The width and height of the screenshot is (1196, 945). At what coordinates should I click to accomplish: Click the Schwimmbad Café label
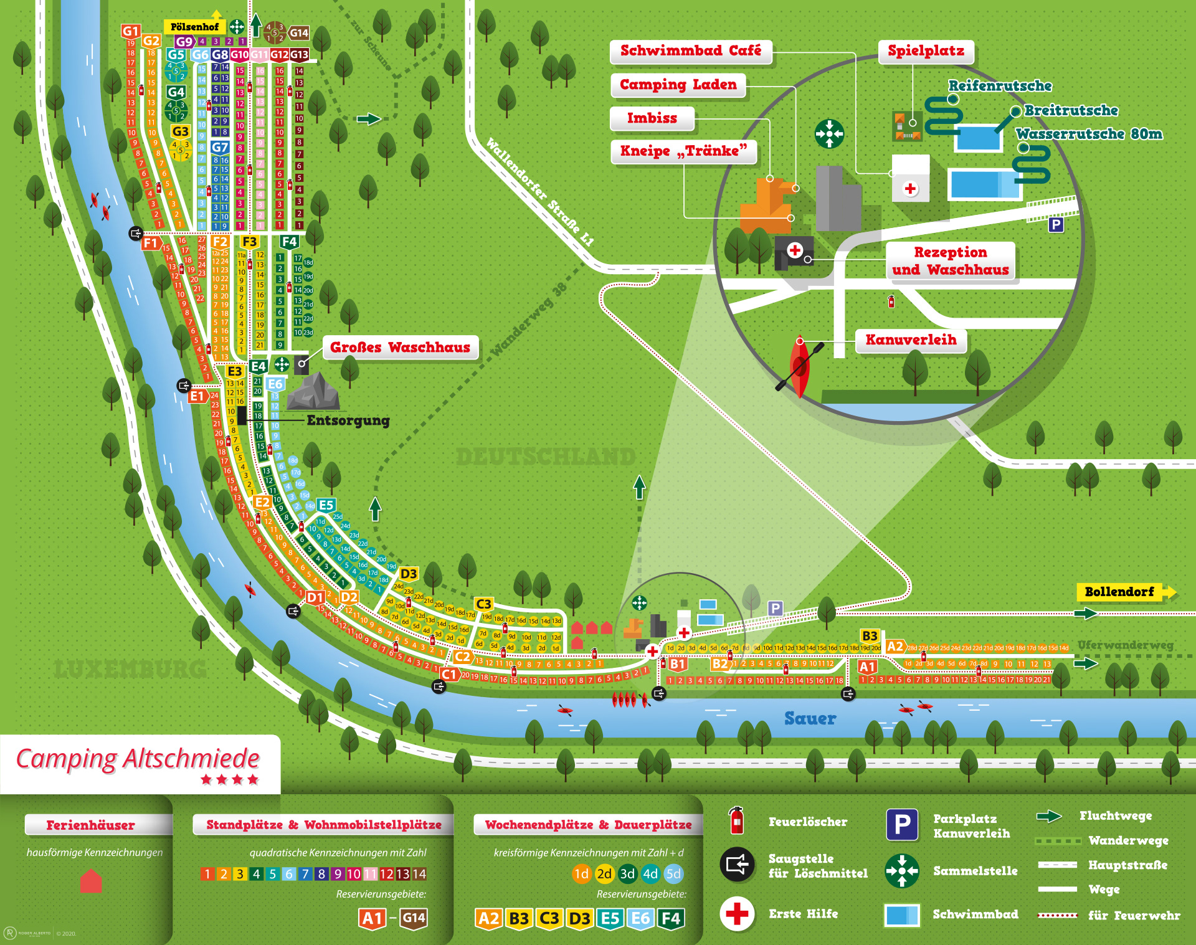click(x=690, y=51)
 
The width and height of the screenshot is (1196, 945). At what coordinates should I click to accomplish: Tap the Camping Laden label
click(x=678, y=85)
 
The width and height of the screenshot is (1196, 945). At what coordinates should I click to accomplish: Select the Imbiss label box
click(x=652, y=118)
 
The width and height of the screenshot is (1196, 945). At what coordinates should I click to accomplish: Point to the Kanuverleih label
click(x=910, y=340)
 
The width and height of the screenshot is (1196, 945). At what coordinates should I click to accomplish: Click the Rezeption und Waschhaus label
click(x=950, y=261)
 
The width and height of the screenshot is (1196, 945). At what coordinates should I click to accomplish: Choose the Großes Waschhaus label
click(x=400, y=348)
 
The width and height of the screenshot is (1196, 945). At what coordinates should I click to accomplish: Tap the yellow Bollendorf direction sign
click(x=1120, y=592)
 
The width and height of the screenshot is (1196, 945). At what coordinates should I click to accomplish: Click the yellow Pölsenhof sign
click(x=194, y=27)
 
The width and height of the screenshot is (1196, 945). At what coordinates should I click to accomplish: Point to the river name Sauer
click(x=810, y=719)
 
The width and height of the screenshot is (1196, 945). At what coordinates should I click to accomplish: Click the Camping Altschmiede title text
click(x=138, y=759)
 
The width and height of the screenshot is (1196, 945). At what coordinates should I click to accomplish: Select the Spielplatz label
click(x=926, y=51)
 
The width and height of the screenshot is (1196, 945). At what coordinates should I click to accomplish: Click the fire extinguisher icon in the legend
click(x=736, y=820)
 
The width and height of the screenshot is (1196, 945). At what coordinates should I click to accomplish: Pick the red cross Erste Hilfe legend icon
click(x=737, y=914)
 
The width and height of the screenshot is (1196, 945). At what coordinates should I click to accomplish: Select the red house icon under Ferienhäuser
click(x=91, y=881)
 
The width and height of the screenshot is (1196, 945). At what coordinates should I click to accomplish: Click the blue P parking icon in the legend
click(x=902, y=824)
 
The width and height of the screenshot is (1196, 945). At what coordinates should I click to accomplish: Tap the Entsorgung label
click(x=348, y=420)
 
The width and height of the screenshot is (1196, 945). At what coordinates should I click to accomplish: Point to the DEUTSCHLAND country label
click(x=546, y=457)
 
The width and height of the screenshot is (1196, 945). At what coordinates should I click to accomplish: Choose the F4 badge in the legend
click(x=671, y=918)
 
